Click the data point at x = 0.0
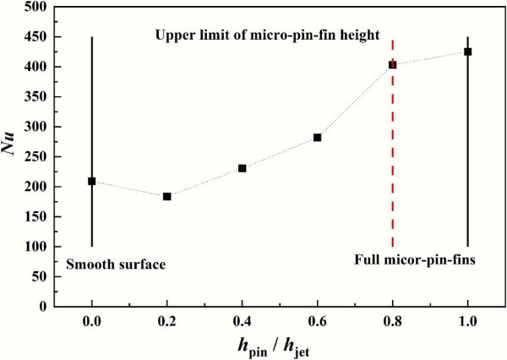click(x=91, y=181)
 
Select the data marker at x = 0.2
click(x=167, y=196)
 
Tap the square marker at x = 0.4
click(x=243, y=168)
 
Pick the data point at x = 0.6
click(x=318, y=137)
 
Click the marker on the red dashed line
click(x=393, y=64)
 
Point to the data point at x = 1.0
click(x=467, y=52)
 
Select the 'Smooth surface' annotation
click(x=116, y=265)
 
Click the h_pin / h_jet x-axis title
click(x=279, y=346)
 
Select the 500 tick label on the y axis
click(x=35, y=7)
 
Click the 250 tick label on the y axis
click(x=35, y=156)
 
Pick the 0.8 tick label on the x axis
click(x=393, y=320)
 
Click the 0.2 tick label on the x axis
click(x=167, y=320)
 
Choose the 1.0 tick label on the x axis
click(x=467, y=320)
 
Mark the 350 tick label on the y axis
click(x=35, y=96)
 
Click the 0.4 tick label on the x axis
click(x=243, y=320)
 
